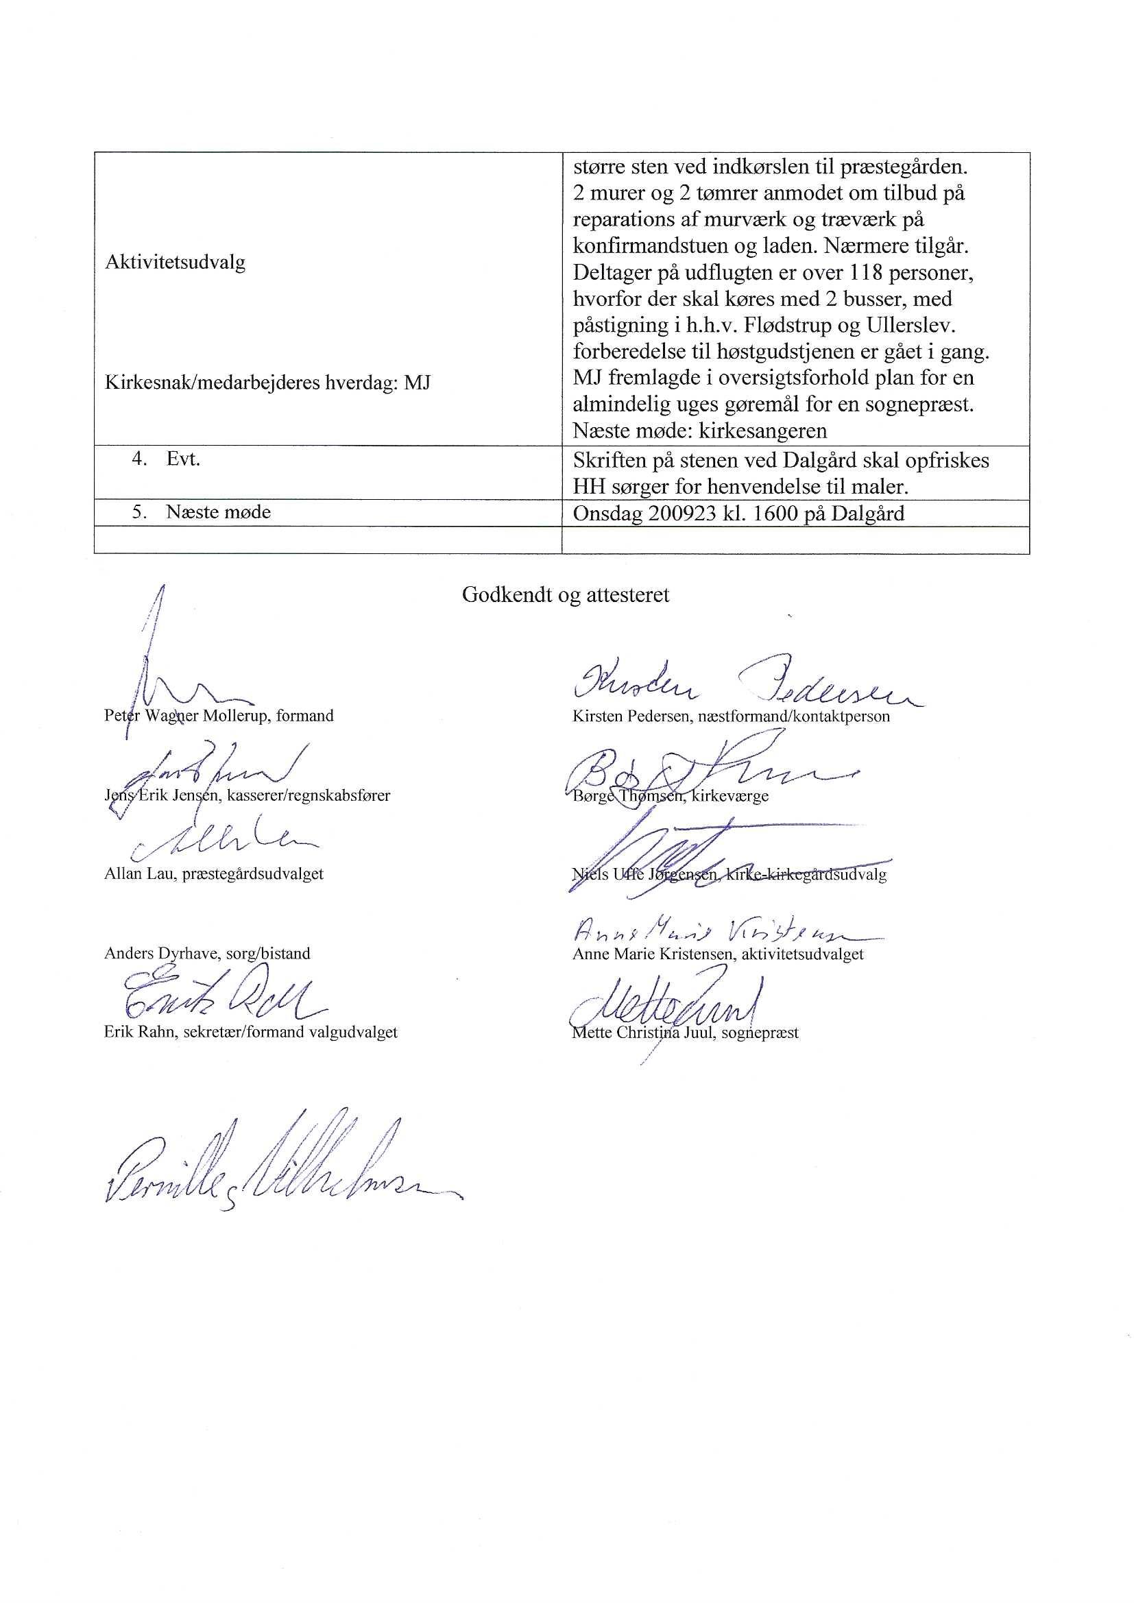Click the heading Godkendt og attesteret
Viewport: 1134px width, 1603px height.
click(565, 595)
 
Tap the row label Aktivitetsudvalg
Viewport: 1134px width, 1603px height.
click(175, 263)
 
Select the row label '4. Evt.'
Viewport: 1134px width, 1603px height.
click(166, 459)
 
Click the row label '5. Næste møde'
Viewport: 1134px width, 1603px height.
click(201, 512)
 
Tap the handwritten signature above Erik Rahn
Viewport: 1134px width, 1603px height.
click(217, 996)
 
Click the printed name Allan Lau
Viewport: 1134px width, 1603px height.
click(139, 874)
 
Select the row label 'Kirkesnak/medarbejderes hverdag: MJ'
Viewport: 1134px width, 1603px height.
click(267, 383)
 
